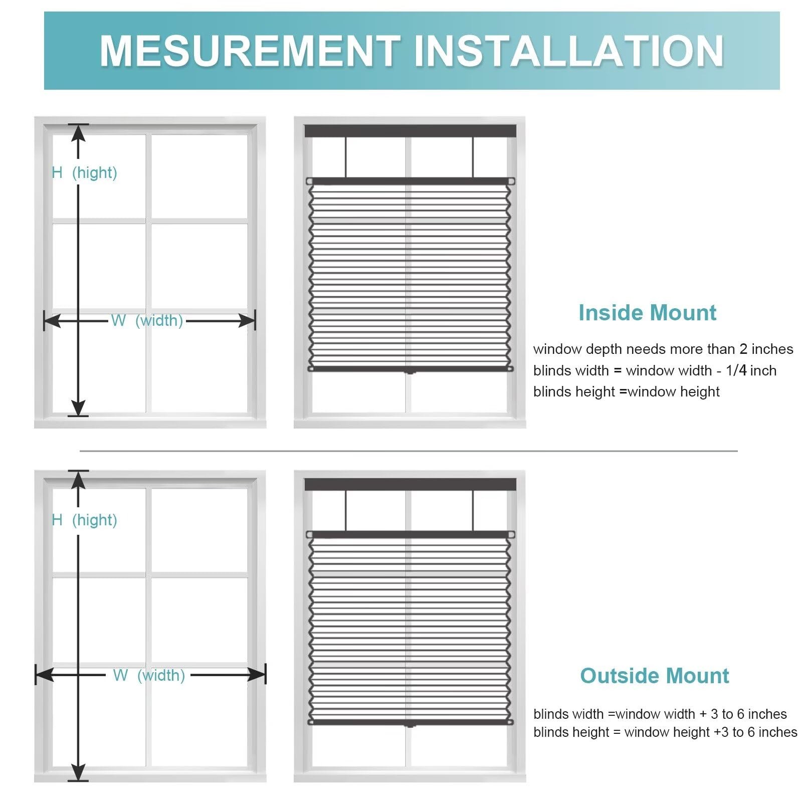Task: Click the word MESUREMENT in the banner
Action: click(x=250, y=51)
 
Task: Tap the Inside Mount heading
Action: click(x=647, y=313)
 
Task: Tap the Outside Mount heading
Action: click(x=654, y=676)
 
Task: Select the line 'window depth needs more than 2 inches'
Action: click(x=663, y=349)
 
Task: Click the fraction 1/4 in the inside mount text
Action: click(x=736, y=370)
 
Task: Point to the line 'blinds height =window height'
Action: click(x=626, y=391)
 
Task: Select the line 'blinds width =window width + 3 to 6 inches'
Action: click(x=660, y=714)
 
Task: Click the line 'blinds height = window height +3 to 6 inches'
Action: click(x=665, y=732)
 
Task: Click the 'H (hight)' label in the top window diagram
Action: click(x=84, y=172)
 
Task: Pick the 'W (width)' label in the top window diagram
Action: click(x=147, y=320)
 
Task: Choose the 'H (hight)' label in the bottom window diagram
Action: click(x=84, y=520)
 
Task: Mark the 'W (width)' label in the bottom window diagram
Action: click(x=149, y=675)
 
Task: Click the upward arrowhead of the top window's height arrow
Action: click(x=78, y=132)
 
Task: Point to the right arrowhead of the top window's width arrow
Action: click(x=247, y=321)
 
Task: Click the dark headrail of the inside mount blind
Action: click(x=411, y=131)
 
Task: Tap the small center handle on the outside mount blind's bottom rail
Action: click(x=410, y=725)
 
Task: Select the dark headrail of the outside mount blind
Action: click(x=411, y=485)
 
